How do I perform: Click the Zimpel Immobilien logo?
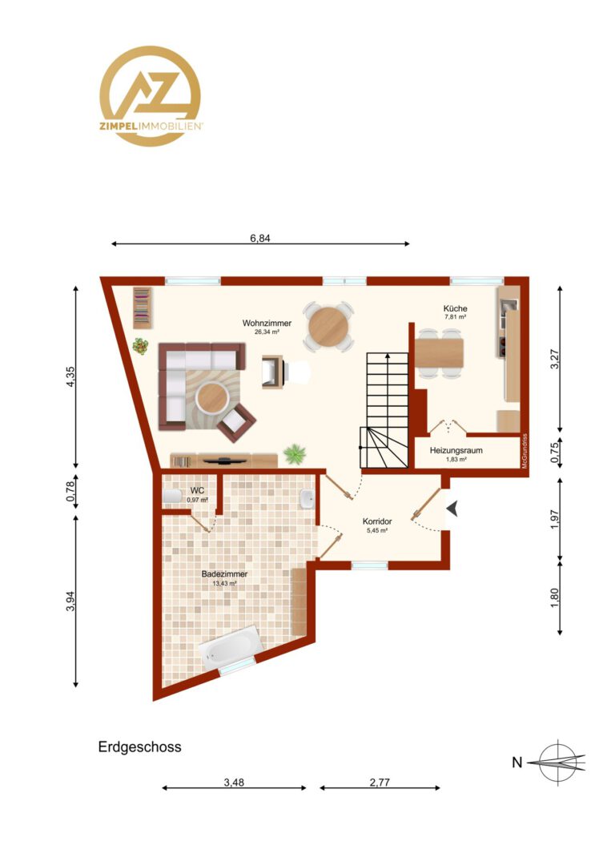coord(150,96)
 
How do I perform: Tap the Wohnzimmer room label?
coord(267,324)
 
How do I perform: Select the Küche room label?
coord(455,308)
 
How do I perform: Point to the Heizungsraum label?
coord(456,450)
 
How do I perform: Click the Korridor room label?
coord(377,521)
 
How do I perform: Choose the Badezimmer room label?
coord(224,573)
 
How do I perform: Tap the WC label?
coord(197,490)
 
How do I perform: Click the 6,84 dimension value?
coord(260,239)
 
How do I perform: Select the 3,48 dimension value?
coord(234,783)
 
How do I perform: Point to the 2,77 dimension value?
coord(380,783)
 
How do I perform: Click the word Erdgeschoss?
coord(139,747)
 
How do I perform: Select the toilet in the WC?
coord(172,496)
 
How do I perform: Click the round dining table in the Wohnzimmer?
coord(328,327)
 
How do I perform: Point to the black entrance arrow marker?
coord(452,509)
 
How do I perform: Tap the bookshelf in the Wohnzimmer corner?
coord(142,308)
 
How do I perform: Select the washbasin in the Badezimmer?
coord(308,499)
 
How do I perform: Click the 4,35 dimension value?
coord(70,376)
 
